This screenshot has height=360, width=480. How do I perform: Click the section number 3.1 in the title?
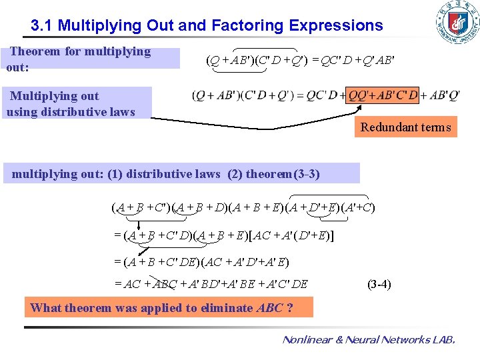coord(41,26)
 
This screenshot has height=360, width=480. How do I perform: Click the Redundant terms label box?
coord(405,127)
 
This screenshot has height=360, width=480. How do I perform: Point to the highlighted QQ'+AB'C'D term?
coord(383,95)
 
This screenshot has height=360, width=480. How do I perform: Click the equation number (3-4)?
coord(379,284)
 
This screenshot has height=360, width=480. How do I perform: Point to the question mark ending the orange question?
coord(289,308)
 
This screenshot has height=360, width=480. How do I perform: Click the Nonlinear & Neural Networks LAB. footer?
coord(369,340)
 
